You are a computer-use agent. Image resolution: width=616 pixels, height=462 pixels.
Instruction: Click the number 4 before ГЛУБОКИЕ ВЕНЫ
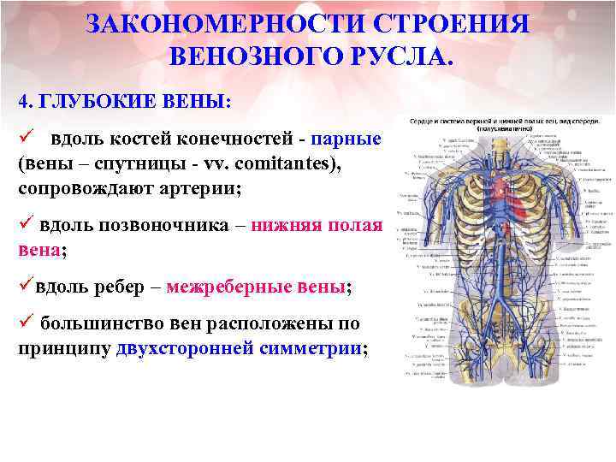pos(22,100)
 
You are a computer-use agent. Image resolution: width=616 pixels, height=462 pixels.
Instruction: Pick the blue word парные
pos(346,139)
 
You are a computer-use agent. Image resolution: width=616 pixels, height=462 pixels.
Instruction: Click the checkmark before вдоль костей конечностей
pos(26,137)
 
